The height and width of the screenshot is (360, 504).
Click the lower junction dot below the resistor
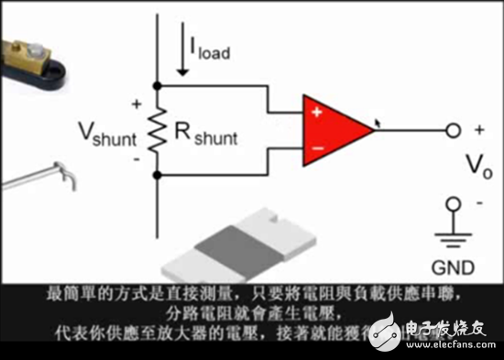[158, 173]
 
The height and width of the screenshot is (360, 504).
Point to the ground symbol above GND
[451, 236]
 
